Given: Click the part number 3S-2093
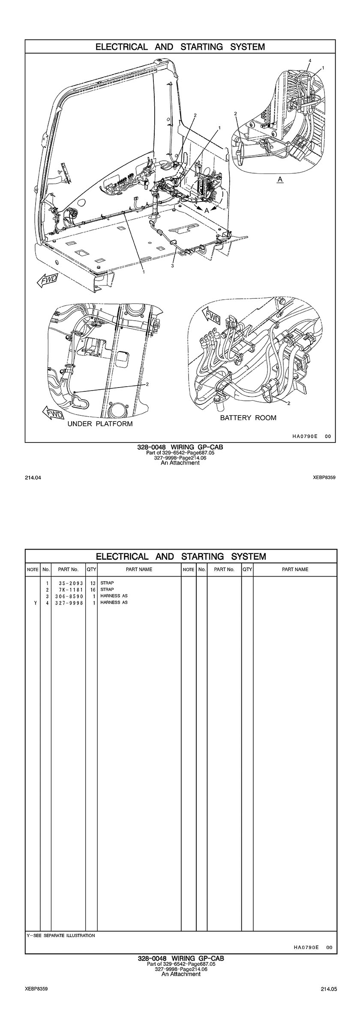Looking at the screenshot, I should [x=69, y=583].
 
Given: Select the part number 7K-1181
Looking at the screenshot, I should [x=69, y=590].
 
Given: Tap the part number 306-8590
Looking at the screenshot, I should [x=69, y=596].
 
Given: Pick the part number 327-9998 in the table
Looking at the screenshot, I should [x=69, y=603].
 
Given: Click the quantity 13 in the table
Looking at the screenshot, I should [x=92, y=583].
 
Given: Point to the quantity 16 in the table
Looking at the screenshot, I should [x=92, y=590].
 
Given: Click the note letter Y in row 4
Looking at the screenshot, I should [x=33, y=603].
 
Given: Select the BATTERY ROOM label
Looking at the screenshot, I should [x=248, y=418].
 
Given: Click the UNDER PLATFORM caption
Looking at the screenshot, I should [x=100, y=424].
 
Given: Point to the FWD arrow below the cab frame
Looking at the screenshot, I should [x=47, y=281].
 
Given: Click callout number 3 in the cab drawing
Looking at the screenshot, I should [x=172, y=266].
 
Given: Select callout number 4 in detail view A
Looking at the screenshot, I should [x=310, y=60].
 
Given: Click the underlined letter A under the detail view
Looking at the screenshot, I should [x=280, y=179].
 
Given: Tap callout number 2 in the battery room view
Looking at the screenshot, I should [x=289, y=403].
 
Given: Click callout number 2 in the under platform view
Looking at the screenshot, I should [x=147, y=384].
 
